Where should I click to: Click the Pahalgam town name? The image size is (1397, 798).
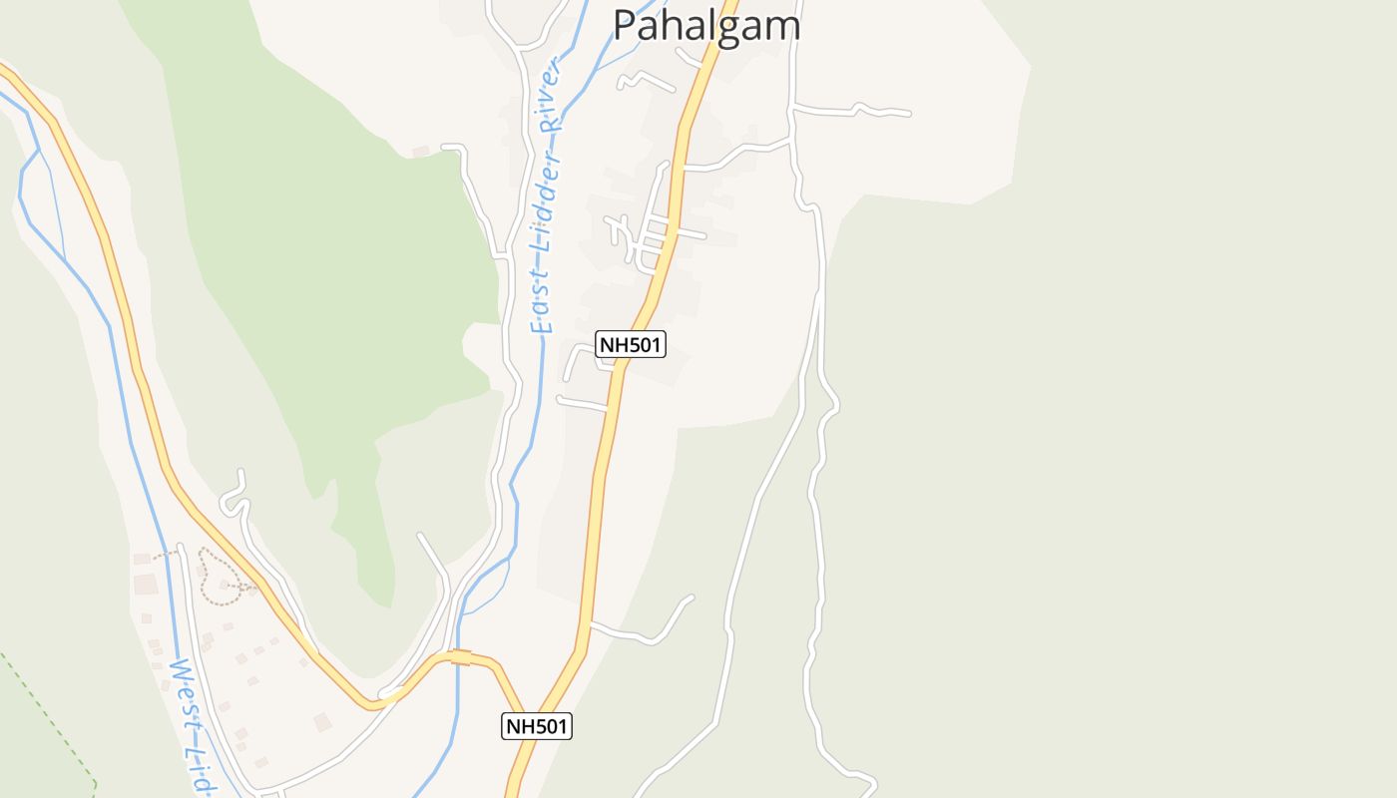[705, 24]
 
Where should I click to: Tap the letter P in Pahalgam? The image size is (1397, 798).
[625, 24]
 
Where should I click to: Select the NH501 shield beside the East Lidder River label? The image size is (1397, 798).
[631, 344]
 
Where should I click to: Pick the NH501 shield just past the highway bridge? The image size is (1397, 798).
[537, 726]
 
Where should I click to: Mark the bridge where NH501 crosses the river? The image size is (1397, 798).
[460, 655]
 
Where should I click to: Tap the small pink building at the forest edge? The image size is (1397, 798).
[421, 152]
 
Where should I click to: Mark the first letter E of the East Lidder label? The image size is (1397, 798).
[540, 324]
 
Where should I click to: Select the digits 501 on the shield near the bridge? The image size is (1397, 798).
[547, 726]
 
